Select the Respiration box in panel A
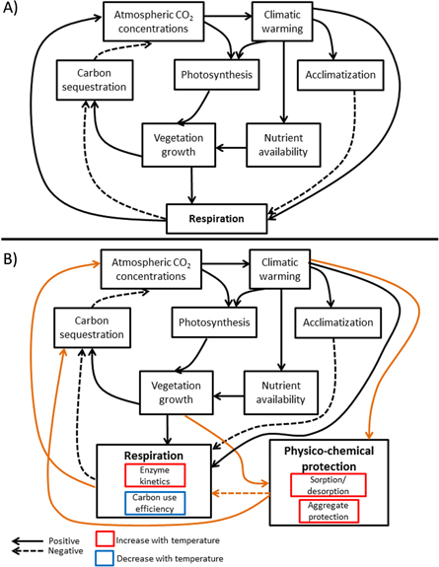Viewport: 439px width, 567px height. coord(217,214)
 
